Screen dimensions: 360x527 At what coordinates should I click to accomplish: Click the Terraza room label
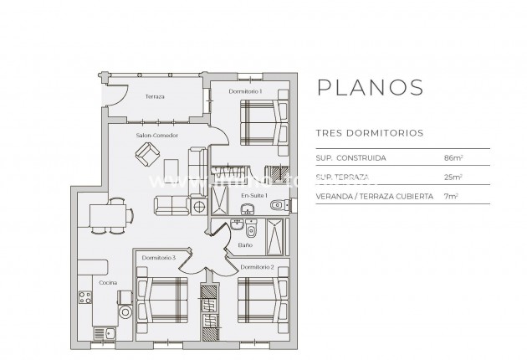tap(155, 96)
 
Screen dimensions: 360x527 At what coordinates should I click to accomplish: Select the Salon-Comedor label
tap(157, 135)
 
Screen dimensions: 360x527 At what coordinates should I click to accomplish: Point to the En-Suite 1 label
tap(253, 195)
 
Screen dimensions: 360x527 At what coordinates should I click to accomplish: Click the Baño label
tap(245, 245)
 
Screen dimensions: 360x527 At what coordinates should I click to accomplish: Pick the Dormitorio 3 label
tap(158, 258)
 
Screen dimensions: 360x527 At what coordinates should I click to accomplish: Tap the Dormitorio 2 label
tap(258, 266)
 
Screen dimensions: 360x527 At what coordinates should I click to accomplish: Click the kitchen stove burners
tap(84, 297)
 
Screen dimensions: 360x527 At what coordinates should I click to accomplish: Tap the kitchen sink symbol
tap(109, 333)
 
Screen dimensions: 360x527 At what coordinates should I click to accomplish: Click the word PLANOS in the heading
tap(367, 88)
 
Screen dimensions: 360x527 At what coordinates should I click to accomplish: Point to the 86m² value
tap(453, 157)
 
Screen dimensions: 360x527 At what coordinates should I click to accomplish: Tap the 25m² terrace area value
tap(453, 177)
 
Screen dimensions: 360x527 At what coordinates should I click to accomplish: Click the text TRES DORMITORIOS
tap(368, 132)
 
